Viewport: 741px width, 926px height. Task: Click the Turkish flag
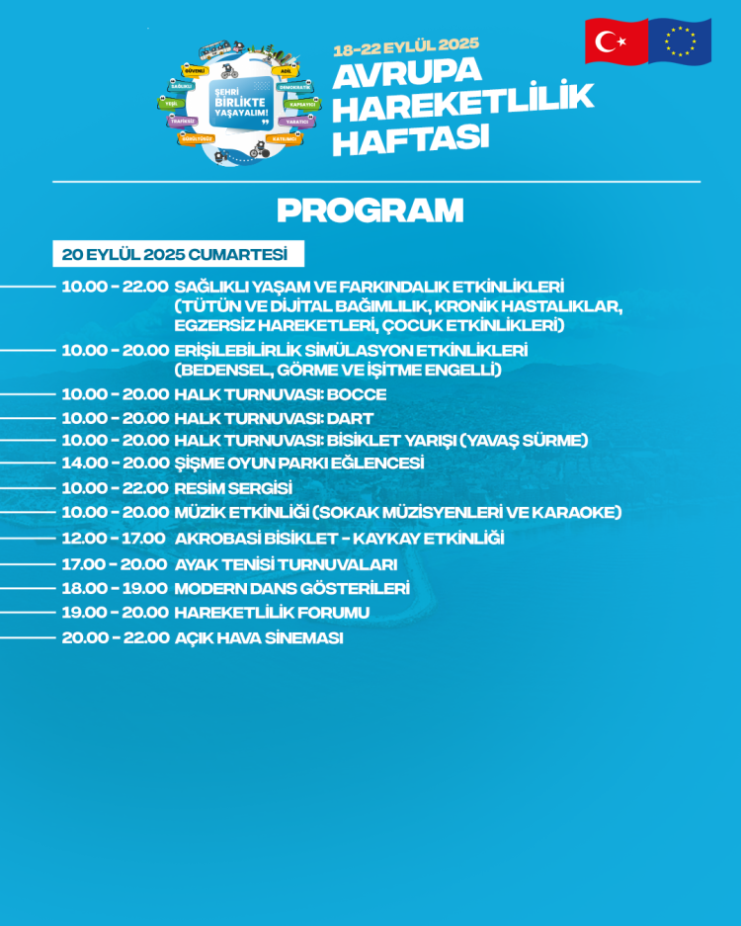[x=616, y=42]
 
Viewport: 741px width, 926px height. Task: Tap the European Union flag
[x=680, y=42]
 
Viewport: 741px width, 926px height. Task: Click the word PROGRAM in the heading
[x=370, y=210]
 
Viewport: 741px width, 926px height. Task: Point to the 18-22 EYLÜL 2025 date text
[x=406, y=46]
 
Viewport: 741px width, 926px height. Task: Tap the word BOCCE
[x=356, y=394]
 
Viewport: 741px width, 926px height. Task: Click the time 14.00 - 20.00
[x=116, y=463]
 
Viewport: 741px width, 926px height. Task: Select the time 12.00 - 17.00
[x=114, y=539]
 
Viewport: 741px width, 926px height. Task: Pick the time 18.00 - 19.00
[x=115, y=588]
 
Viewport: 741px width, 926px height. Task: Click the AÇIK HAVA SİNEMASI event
[x=259, y=637]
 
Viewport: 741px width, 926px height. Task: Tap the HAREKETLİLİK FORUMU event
[x=272, y=613]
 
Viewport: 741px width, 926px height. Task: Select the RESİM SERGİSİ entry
[x=233, y=488]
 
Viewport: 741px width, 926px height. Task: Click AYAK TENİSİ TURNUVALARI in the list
[x=286, y=564]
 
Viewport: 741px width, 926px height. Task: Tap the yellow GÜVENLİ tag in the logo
[x=196, y=71]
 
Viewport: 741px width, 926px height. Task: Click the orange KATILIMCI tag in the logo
[x=285, y=139]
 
